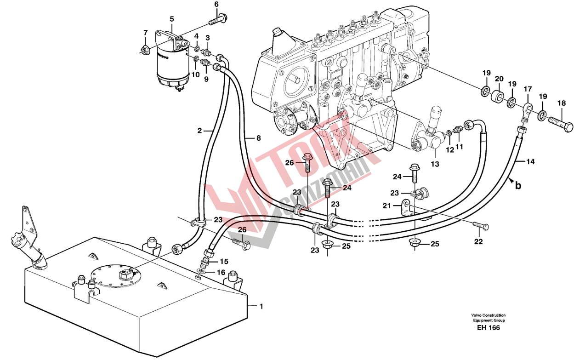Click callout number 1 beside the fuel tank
(x=261, y=306)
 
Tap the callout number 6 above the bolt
(x=216, y=5)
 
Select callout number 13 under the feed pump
(x=435, y=164)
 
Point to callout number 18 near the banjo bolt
(x=562, y=103)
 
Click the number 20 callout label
(x=499, y=79)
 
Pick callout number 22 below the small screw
(x=478, y=242)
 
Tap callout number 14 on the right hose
(x=530, y=162)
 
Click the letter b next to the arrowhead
(x=518, y=186)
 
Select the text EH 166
(x=488, y=328)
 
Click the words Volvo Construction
(x=488, y=315)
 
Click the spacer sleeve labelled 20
(x=498, y=97)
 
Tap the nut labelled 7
(x=144, y=49)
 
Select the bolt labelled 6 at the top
(x=218, y=20)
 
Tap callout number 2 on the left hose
(x=199, y=131)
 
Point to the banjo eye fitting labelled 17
(x=527, y=110)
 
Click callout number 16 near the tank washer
(x=221, y=273)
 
